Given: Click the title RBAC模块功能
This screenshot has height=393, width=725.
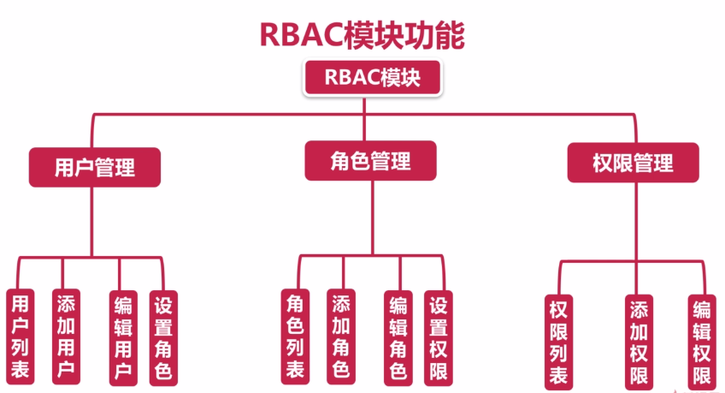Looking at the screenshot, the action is pyautogui.click(x=362, y=35).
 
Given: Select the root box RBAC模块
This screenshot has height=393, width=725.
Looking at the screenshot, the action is pyautogui.click(x=372, y=77).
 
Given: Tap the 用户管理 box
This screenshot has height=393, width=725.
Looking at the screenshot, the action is pyautogui.click(x=95, y=167).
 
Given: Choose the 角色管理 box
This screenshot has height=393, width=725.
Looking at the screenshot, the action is pyautogui.click(x=370, y=161).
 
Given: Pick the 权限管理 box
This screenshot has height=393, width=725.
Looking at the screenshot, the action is pyautogui.click(x=633, y=163).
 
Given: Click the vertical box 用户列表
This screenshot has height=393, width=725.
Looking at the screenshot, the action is pyautogui.click(x=20, y=336).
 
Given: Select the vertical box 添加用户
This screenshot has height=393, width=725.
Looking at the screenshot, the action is pyautogui.click(x=66, y=336).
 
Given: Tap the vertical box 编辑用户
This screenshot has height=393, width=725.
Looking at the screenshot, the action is pyautogui.click(x=123, y=338).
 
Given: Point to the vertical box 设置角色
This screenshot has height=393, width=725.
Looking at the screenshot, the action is pyautogui.click(x=163, y=338).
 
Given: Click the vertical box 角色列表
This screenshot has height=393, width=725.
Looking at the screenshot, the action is pyautogui.click(x=295, y=336).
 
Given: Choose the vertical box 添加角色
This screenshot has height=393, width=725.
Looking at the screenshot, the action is pyautogui.click(x=341, y=336).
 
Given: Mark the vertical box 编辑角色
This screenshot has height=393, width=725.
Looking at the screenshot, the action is pyautogui.click(x=398, y=338).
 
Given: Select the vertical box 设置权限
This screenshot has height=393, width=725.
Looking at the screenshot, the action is pyautogui.click(x=439, y=338).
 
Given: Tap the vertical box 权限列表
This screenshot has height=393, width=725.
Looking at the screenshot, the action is pyautogui.click(x=558, y=342).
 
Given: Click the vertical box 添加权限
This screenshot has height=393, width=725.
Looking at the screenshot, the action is pyautogui.click(x=639, y=342).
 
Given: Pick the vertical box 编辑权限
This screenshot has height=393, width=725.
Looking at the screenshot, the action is pyautogui.click(x=702, y=342).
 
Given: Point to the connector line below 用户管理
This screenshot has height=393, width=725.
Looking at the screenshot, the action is pyautogui.click(x=92, y=222).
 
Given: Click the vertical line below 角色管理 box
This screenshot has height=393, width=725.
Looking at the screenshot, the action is pyautogui.click(x=372, y=217).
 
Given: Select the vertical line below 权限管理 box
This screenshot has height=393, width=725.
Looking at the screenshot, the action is pyautogui.click(x=636, y=222).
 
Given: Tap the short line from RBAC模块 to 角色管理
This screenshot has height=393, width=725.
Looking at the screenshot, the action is pyautogui.click(x=364, y=118).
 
